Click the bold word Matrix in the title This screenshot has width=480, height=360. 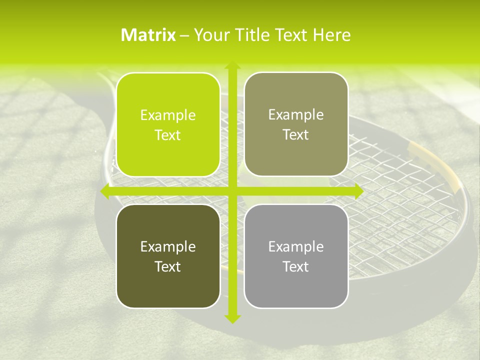click(148, 35)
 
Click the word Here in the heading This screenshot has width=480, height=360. click(332, 35)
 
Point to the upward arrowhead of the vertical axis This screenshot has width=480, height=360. click(231, 65)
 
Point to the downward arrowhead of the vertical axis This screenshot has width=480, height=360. click(231, 318)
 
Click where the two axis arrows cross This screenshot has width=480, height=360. click(231, 191)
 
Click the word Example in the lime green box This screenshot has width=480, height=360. click(168, 115)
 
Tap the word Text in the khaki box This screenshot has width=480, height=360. click(296, 135)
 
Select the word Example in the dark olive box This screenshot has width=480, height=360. click(168, 246)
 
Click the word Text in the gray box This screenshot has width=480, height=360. click(296, 266)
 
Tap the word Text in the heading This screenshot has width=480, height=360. click(289, 35)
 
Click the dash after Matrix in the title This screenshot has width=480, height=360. click(184, 35)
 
